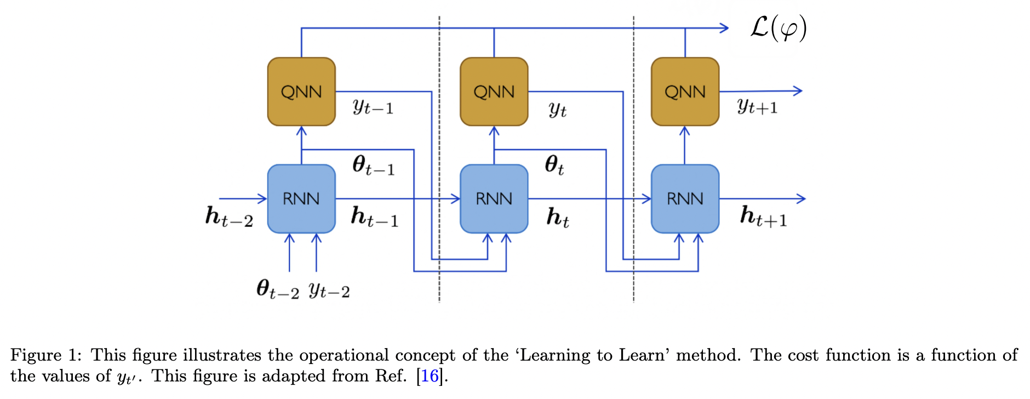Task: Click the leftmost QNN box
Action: [301, 92]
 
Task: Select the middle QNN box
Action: [494, 92]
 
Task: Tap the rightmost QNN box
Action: [685, 92]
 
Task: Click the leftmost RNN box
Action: [301, 198]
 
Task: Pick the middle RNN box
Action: [494, 198]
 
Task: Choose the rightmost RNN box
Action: [685, 198]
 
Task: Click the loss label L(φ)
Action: [778, 28]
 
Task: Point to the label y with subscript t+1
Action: [757, 106]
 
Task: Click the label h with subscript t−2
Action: [229, 216]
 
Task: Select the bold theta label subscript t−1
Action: [373, 165]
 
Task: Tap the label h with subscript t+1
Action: [763, 216]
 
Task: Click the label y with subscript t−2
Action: [329, 290]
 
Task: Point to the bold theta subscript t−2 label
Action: [278, 289]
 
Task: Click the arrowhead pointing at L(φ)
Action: [725, 28]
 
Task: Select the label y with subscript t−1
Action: [373, 106]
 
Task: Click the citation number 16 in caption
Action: [430, 376]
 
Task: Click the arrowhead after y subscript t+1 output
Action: [798, 91]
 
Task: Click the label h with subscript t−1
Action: [374, 216]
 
